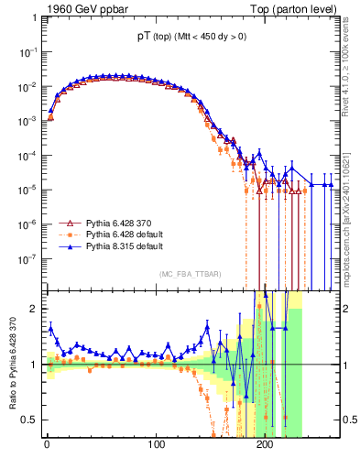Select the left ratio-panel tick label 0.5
point(27,420)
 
